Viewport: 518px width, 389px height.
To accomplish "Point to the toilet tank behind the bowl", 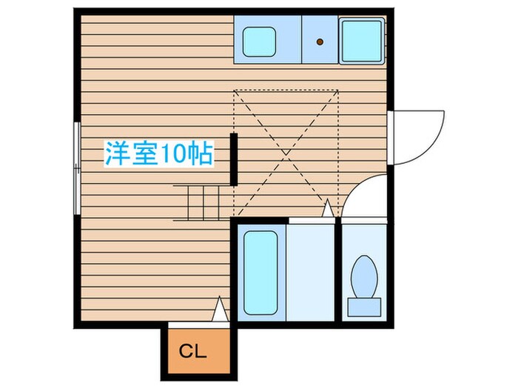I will [365, 304].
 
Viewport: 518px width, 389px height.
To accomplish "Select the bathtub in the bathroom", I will [260, 273].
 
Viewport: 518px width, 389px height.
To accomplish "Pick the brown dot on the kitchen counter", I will [320, 42].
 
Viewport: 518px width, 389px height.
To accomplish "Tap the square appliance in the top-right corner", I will [361, 38].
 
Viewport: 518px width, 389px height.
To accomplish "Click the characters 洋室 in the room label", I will [125, 154].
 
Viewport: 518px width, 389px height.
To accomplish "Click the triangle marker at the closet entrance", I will [220, 310].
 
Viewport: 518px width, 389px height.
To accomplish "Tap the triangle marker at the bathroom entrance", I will [326, 208].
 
